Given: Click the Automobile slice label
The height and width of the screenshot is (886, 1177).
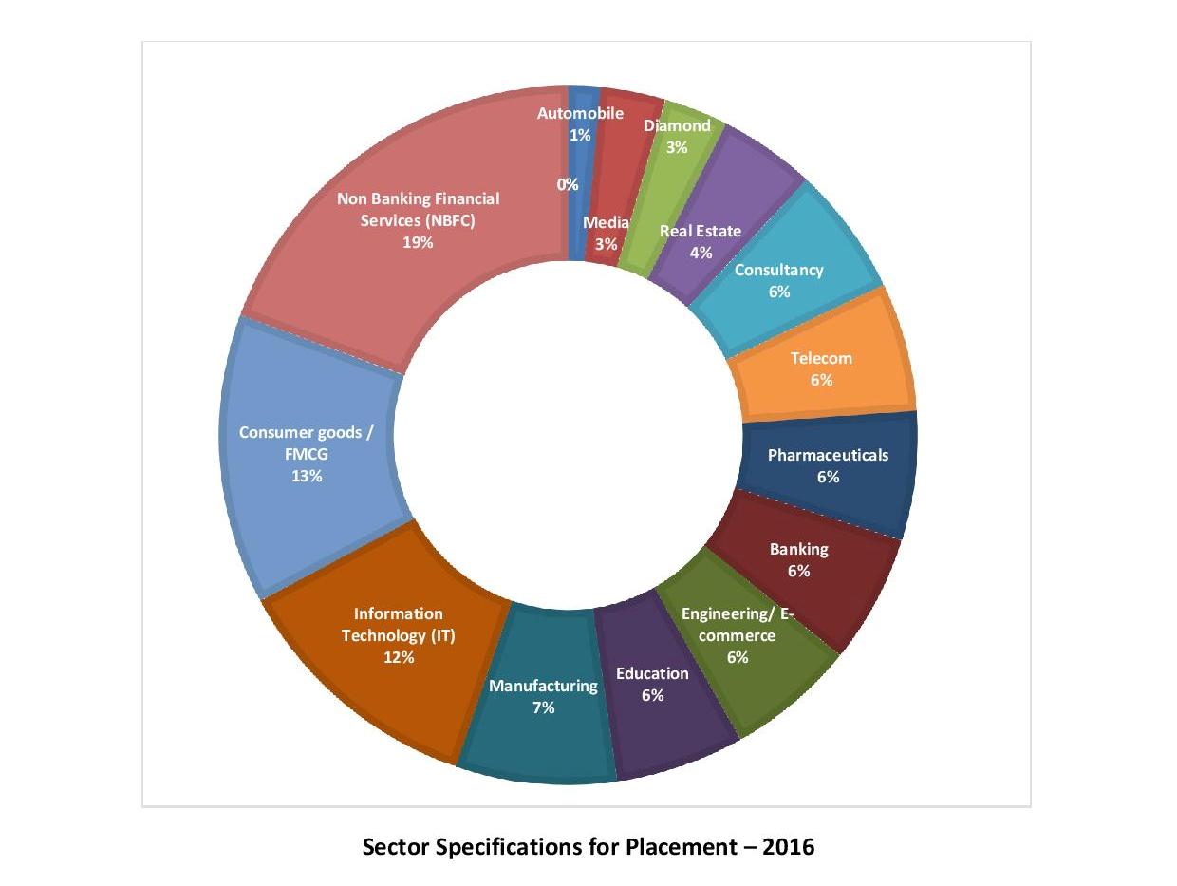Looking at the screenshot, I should point(580,114).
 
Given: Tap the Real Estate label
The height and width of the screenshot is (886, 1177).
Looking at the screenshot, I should point(701,231).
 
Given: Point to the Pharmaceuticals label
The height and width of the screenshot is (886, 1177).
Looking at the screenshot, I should point(828,455).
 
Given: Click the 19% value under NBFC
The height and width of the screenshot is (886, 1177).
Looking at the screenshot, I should point(418,242).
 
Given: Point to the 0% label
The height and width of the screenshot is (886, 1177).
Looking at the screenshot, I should point(568,184).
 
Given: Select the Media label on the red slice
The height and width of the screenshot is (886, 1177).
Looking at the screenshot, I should point(606,222).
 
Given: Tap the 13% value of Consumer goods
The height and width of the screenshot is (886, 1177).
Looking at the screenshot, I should point(307,476).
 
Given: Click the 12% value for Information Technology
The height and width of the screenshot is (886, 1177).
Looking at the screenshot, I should point(399,657).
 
